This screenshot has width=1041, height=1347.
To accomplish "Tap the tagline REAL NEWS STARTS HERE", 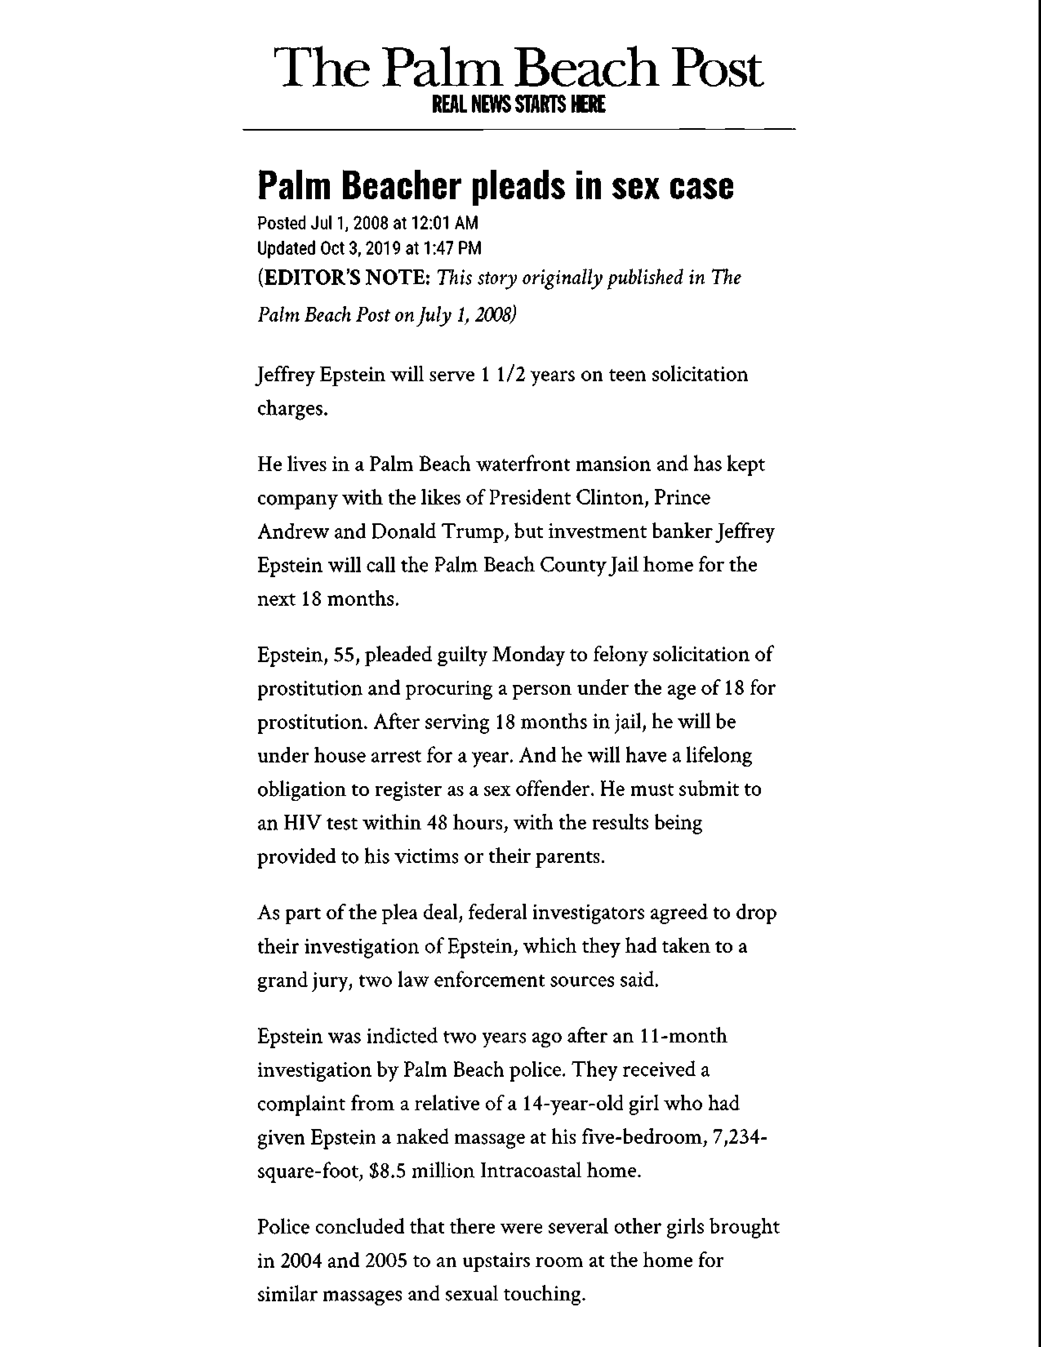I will pyautogui.click(x=518, y=105).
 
